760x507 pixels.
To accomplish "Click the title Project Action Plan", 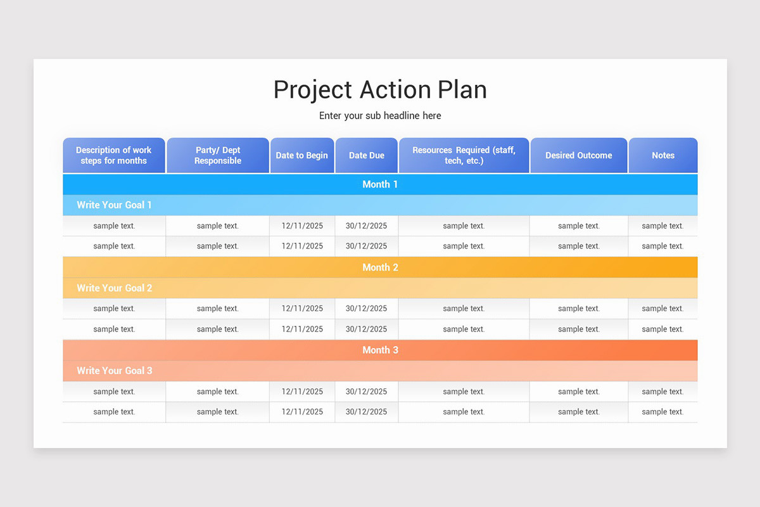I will click(380, 89).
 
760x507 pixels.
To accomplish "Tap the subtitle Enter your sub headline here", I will click(380, 116).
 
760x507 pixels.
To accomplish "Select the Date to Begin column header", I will click(301, 155).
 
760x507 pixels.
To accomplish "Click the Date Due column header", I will click(366, 155).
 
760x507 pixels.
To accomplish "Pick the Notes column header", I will click(663, 155).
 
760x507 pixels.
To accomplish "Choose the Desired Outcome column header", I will click(578, 155).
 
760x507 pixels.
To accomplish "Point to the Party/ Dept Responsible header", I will click(218, 155).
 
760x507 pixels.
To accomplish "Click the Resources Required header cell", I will click(464, 155).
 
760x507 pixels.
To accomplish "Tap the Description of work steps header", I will click(114, 155).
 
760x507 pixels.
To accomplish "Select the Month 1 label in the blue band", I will click(380, 184).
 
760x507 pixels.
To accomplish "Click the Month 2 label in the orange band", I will click(380, 267).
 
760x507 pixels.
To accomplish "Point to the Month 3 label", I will click(380, 350).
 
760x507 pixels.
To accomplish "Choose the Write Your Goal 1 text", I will click(114, 205).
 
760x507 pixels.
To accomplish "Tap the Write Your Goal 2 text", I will click(114, 288).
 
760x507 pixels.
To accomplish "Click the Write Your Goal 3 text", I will click(114, 371).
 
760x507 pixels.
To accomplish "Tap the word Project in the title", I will click(313, 91).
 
